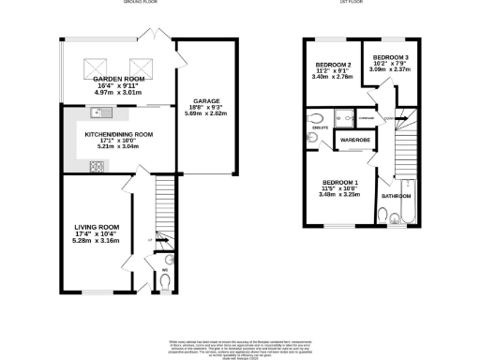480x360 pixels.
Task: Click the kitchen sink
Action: (101, 113)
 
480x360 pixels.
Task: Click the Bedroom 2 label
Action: (332, 65)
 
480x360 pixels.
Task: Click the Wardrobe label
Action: (354, 139)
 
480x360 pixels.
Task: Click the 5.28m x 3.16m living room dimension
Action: (98, 240)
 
